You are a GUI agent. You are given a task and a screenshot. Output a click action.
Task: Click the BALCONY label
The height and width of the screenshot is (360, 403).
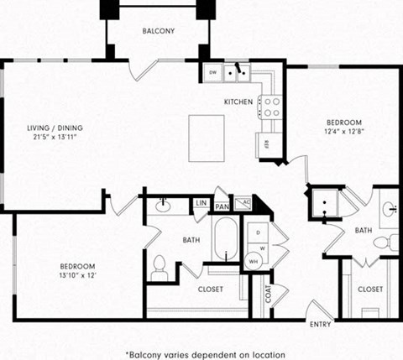(158, 31)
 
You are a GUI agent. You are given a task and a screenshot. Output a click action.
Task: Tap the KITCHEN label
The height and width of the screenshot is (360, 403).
(238, 102)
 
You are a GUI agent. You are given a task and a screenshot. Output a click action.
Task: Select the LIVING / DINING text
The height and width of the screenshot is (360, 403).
(55, 128)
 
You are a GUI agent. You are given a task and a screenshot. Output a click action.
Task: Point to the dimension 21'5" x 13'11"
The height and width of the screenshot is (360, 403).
(55, 138)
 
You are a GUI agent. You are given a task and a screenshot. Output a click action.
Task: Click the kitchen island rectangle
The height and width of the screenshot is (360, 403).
(207, 138)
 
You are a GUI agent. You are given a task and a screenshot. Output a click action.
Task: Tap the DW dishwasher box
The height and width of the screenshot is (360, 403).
(212, 73)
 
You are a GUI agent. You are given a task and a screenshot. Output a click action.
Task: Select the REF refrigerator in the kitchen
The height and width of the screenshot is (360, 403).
(268, 143)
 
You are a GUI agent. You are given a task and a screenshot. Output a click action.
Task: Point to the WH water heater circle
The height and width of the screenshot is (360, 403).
(254, 261)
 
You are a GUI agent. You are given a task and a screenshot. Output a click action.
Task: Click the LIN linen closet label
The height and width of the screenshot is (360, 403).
(201, 204)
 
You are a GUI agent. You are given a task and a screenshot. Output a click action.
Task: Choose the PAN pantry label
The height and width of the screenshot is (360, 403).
(222, 206)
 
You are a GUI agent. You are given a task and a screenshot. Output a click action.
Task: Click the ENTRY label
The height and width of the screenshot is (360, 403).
(320, 325)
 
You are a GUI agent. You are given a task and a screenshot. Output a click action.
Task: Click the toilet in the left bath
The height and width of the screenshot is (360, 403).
(160, 269)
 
